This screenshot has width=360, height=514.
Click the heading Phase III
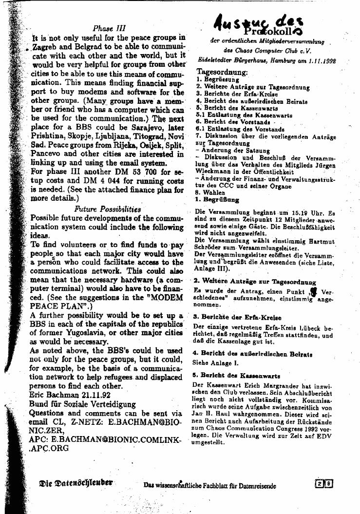[x=109, y=28]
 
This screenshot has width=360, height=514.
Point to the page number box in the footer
[x=324, y=484]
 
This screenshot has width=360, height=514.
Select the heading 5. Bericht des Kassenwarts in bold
[x=236, y=376]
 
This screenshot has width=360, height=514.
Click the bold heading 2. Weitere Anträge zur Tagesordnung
[x=254, y=282]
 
